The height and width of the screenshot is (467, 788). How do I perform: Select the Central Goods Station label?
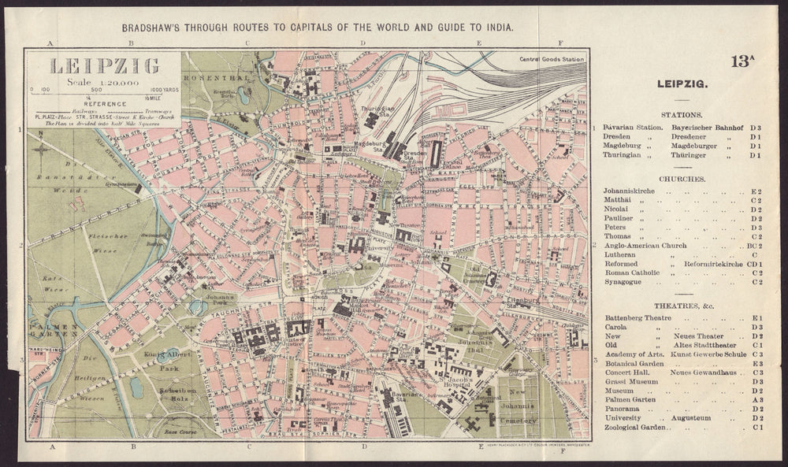(x=552, y=59)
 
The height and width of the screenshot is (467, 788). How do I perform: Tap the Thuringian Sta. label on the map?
(x=377, y=111)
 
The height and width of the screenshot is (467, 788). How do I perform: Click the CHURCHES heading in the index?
(x=682, y=179)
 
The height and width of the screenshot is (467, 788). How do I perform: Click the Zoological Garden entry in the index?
(x=637, y=428)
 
